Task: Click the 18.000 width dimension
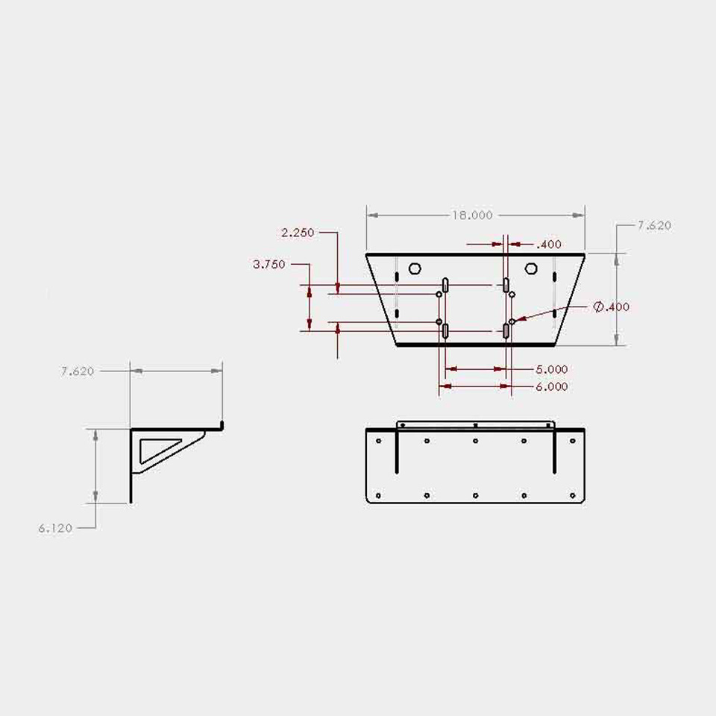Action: pos(471,215)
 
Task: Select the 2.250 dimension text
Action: pos(298,233)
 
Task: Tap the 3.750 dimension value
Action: pos(269,264)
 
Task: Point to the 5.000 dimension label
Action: pos(551,369)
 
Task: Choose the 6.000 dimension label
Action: pos(551,386)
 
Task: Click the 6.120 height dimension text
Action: pos(56,528)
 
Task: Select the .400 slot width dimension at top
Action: pos(549,244)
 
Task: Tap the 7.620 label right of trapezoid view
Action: pos(654,225)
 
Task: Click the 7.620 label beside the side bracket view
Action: pos(78,371)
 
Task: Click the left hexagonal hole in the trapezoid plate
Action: pos(415,268)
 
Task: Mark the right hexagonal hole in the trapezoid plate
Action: pos(530,268)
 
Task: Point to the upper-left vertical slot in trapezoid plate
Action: pos(445,284)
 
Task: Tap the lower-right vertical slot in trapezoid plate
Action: pos(506,330)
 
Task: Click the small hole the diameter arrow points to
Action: pos(512,321)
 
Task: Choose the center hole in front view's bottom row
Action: pos(475,495)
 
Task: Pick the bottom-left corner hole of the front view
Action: pos(378,495)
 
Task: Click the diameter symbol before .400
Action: pos(598,307)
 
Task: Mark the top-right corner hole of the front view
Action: pos(572,441)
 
